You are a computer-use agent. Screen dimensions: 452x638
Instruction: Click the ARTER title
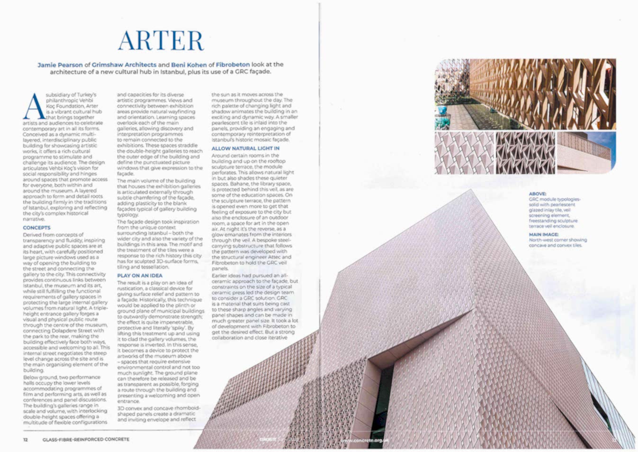point(161,40)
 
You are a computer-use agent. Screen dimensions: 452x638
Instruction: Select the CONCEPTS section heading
point(36,228)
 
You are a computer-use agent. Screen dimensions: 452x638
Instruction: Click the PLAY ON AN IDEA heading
point(140,276)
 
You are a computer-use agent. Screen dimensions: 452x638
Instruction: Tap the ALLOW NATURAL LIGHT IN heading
point(245,148)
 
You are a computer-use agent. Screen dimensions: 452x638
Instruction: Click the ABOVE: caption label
point(537,194)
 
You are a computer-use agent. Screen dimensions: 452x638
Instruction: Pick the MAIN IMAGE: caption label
point(543,234)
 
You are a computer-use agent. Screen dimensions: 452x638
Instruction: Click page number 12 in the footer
point(26,440)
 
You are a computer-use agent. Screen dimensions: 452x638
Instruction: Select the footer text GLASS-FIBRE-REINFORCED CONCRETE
point(86,440)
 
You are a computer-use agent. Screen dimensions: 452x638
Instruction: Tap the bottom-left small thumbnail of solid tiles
point(464,153)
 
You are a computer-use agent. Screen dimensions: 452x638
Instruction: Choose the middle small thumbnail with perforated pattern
point(525,153)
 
